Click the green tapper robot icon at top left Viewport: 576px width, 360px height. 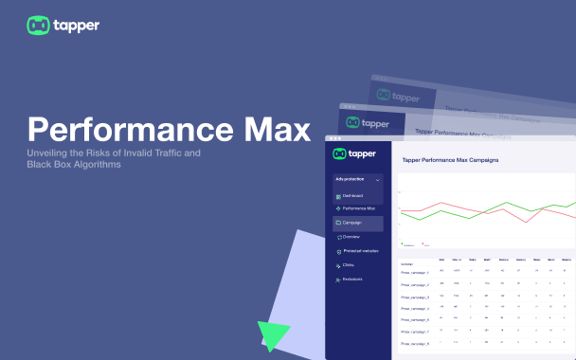39,26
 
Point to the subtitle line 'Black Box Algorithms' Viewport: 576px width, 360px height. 74,165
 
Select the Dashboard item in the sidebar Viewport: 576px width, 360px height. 353,195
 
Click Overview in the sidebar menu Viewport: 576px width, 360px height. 352,237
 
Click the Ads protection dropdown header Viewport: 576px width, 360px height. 357,178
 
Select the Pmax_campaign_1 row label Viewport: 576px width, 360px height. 416,273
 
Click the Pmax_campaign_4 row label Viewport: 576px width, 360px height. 416,308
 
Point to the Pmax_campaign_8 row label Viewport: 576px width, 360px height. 416,343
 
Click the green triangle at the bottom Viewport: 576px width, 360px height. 271,336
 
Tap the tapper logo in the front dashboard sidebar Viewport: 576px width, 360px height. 353,153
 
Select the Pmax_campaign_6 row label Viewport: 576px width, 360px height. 416,332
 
